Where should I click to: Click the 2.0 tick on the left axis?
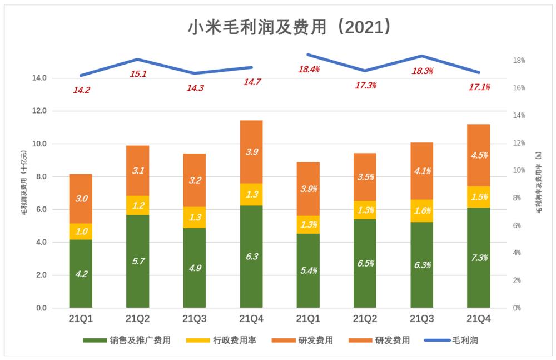pyautogui.click(x=41, y=275)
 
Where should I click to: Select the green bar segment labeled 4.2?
pyautogui.click(x=81, y=273)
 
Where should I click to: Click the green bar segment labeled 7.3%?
pyautogui.click(x=478, y=258)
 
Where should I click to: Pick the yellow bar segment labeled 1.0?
pyautogui.click(x=81, y=231)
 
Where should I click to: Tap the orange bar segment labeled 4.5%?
pyautogui.click(x=478, y=155)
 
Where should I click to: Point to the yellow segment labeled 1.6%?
pyautogui.click(x=421, y=210)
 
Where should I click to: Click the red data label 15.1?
pyautogui.click(x=138, y=74)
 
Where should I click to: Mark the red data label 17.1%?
pyautogui.click(x=479, y=87)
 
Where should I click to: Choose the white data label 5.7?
pyautogui.click(x=138, y=260)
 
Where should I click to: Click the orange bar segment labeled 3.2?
pyautogui.click(x=195, y=180)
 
